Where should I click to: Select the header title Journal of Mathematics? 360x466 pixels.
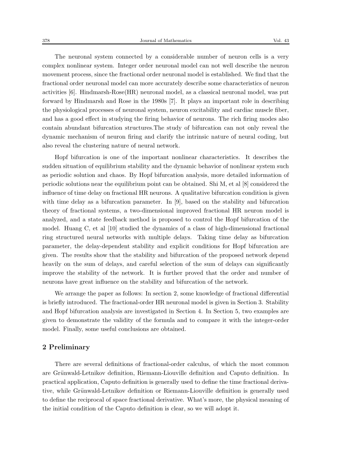[x=166, y=41]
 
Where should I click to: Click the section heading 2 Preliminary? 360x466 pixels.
[x=66, y=347]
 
